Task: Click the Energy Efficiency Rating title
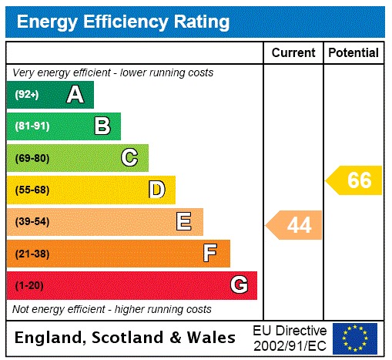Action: tap(123, 22)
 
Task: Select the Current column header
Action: tap(293, 53)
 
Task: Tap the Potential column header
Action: tap(353, 53)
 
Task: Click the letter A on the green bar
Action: tap(75, 95)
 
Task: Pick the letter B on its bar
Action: tap(102, 126)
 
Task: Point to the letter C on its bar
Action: tap(129, 158)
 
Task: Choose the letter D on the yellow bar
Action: tap(156, 190)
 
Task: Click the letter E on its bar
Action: tap(183, 222)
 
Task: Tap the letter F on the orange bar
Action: tap(210, 253)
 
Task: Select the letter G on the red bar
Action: tap(239, 285)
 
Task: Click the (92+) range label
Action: tap(27, 95)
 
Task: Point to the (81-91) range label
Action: tap(32, 126)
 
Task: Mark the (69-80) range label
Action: tap(32, 158)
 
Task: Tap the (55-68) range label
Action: tap(32, 190)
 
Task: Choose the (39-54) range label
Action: tap(32, 222)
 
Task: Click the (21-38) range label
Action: tap(32, 254)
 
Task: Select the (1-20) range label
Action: tap(29, 285)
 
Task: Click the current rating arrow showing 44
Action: tap(295, 225)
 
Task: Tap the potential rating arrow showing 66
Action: tap(355, 180)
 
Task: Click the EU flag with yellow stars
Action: tap(355, 338)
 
